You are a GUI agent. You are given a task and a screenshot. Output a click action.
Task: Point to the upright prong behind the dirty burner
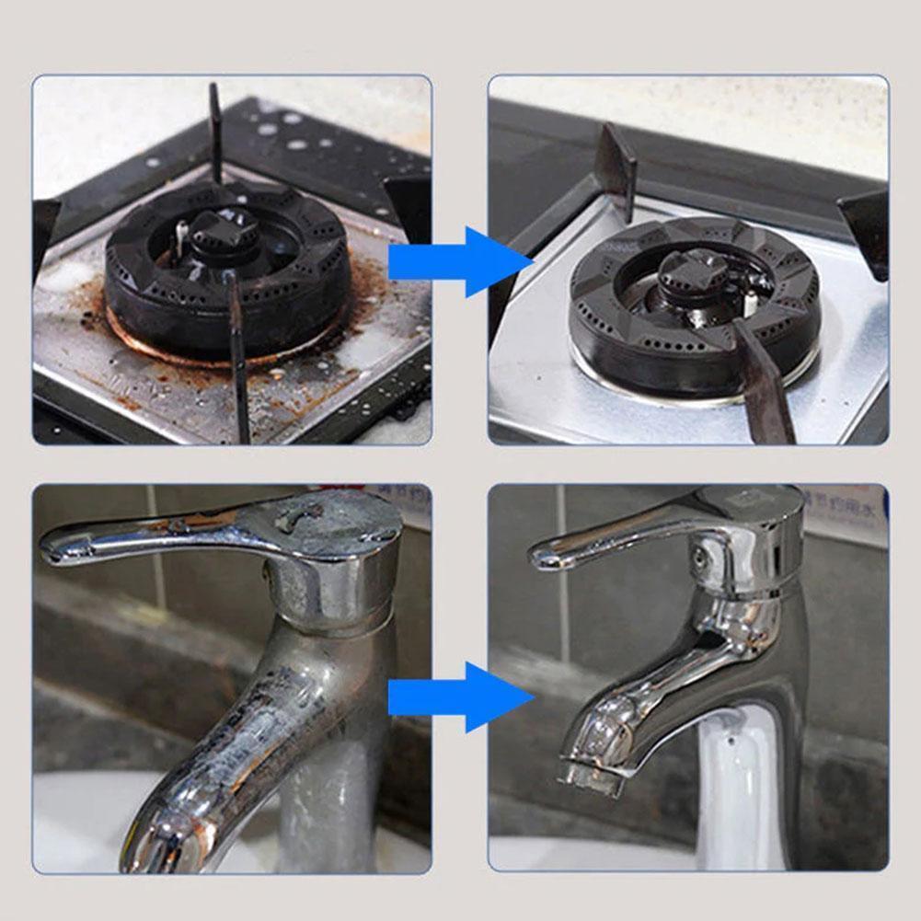click(x=214, y=129)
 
